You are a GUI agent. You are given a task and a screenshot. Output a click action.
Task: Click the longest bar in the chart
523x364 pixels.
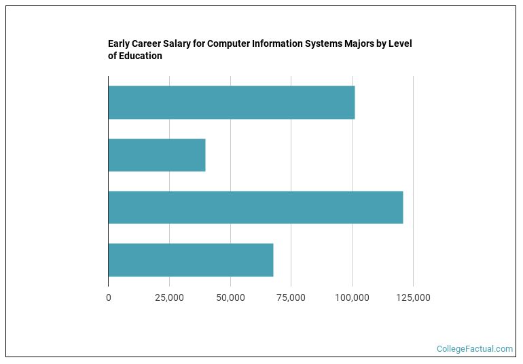pyautogui.click(x=255, y=207)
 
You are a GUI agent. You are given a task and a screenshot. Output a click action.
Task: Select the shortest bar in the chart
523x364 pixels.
pyautogui.click(x=157, y=155)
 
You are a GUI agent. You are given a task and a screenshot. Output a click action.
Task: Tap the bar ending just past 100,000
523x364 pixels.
pyautogui.click(x=232, y=103)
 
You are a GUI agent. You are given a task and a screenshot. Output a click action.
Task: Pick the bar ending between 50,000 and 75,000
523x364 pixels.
pyautogui.click(x=191, y=259)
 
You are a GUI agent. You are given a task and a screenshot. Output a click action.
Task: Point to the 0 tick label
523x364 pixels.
pyautogui.click(x=109, y=297)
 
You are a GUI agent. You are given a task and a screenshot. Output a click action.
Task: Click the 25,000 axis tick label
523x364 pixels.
pyautogui.click(x=169, y=297)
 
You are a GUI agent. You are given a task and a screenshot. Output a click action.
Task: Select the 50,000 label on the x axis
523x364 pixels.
pyautogui.click(x=230, y=297)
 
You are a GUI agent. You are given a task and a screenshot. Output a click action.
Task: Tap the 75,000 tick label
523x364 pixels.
pyautogui.click(x=291, y=297)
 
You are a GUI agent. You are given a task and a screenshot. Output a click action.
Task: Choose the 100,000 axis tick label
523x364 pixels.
pyautogui.click(x=352, y=297)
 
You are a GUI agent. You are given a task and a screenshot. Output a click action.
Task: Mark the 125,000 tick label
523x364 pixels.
pyautogui.click(x=413, y=297)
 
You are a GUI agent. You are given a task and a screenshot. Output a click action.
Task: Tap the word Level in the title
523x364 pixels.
pyautogui.click(x=401, y=44)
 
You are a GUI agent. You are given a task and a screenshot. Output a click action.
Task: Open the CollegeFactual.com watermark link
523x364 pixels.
pyautogui.click(x=475, y=349)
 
